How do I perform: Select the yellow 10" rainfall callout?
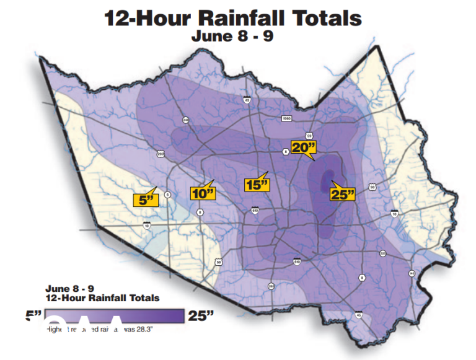tap(203, 193)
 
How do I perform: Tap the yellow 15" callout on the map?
tap(257, 185)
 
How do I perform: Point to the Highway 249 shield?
tap(185, 120)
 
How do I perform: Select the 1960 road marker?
tap(286, 118)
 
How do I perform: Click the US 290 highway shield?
tap(161, 154)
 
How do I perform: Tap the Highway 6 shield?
tap(166, 195)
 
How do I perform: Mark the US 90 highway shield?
tap(372, 187)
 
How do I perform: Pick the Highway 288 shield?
tap(271, 286)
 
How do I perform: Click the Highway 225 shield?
tap(382, 253)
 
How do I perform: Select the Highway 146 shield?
tap(412, 273)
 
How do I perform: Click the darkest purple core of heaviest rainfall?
tap(328, 179)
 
